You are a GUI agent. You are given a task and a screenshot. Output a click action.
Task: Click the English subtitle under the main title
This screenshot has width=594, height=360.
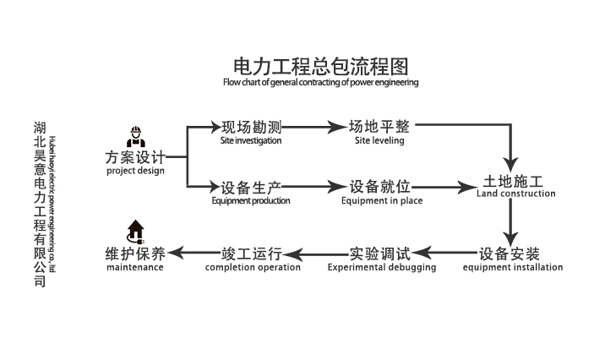[320, 84]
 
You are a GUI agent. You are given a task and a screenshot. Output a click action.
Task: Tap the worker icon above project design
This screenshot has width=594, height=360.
[134, 137]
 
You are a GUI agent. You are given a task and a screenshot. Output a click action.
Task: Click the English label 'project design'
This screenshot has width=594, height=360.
[135, 171]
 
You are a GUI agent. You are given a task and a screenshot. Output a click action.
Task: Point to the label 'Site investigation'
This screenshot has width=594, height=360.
[251, 141]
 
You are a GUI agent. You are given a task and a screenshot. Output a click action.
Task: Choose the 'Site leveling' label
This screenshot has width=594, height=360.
[379, 141]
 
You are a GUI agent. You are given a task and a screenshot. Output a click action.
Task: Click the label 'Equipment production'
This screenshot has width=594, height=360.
[251, 201]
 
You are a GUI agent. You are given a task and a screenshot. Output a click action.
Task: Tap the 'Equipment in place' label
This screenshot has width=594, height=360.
[382, 201]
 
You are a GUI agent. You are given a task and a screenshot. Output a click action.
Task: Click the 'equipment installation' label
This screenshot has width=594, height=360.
[512, 268]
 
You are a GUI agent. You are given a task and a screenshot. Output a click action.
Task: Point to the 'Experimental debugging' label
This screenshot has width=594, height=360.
[382, 267]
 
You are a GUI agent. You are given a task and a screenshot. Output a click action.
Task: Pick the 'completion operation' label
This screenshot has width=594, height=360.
[253, 267]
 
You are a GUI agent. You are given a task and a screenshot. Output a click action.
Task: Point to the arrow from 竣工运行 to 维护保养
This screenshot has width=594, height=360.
[185, 253]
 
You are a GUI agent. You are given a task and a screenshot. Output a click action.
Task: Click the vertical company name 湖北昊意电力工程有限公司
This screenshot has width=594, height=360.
[39, 203]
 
